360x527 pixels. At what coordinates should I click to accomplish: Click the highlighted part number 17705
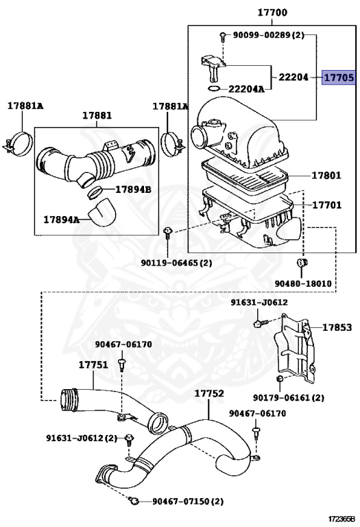coord(339,78)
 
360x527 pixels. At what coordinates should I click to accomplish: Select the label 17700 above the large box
coord(272,12)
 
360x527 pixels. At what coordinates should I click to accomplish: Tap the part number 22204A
coord(246,89)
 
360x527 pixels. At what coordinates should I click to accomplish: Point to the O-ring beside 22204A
coord(214,89)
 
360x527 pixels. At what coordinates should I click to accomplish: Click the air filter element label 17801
coord(326,175)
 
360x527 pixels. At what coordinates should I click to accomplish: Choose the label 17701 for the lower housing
coord(327,204)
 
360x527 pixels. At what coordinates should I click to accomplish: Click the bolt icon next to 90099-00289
coord(223,36)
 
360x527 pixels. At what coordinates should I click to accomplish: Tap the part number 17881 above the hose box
coord(97,115)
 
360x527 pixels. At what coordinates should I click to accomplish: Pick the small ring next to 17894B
coord(95,192)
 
